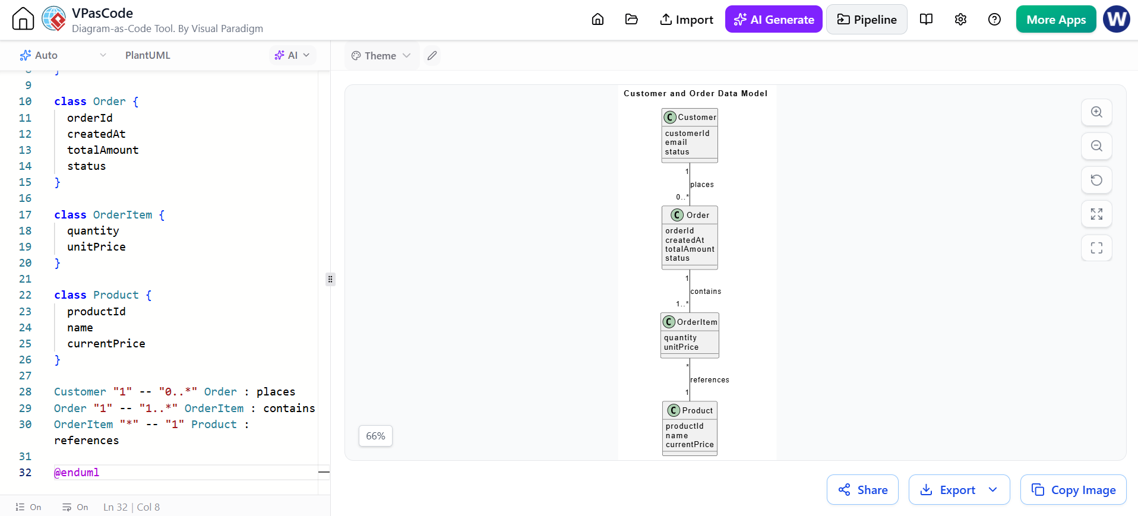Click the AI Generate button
coord(773,20)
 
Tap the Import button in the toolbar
coord(687,20)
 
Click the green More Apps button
coord(1056,20)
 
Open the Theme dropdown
coord(381,56)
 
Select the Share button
coord(862,490)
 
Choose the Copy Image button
coord(1073,490)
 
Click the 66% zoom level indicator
coord(375,436)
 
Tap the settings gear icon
coord(960,20)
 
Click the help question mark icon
coord(994,20)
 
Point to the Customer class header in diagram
coord(690,117)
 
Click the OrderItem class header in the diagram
coord(690,322)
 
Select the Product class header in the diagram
coord(690,410)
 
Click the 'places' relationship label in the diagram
coord(702,185)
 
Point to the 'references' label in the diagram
coord(710,380)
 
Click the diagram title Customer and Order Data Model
coord(696,93)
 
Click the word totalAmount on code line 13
coord(103,150)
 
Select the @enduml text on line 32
coord(77,473)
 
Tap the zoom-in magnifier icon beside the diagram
coord(1096,112)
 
